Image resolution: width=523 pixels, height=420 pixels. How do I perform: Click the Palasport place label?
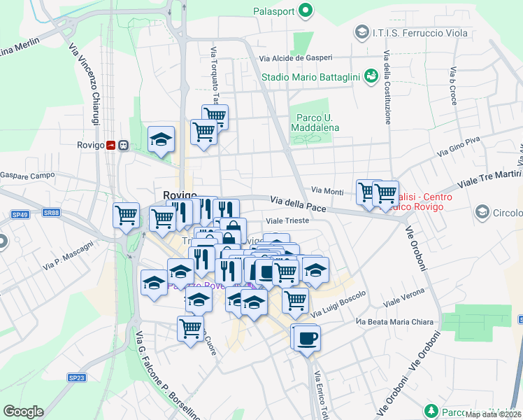coord(273,10)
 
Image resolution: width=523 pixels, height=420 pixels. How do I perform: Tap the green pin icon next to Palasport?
coord(305,10)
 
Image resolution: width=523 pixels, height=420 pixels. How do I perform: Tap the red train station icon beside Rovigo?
coord(110,145)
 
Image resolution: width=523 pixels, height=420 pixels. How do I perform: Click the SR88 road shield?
coord(51,212)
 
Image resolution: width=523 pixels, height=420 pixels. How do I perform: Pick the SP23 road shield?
coord(77,377)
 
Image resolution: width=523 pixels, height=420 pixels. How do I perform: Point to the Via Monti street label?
coord(327,190)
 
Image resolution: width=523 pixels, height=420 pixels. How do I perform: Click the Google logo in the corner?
coord(23,411)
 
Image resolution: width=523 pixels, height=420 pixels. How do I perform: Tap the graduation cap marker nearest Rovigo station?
coord(161,139)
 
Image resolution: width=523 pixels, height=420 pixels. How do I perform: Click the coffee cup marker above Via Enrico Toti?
coord(306,337)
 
